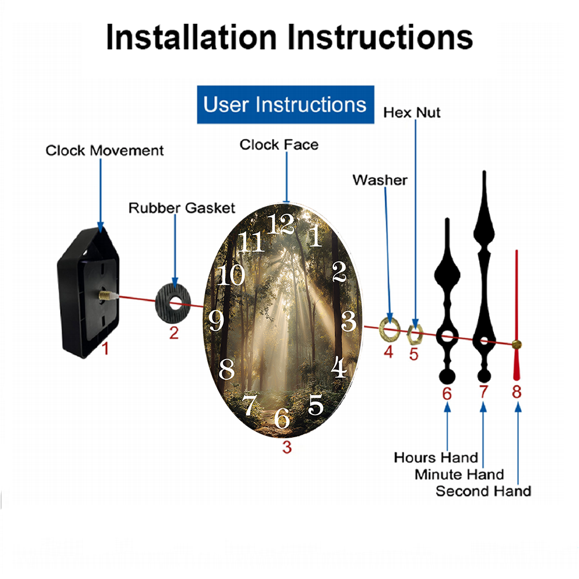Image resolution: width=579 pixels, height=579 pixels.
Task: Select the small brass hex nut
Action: tap(415, 334)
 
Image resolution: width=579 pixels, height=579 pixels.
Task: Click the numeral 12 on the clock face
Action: tap(281, 223)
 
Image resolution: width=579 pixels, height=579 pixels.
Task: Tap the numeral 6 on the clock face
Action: tap(282, 419)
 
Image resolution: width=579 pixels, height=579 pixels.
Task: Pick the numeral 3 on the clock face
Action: tap(349, 321)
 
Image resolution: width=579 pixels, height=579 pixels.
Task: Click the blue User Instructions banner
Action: tap(285, 104)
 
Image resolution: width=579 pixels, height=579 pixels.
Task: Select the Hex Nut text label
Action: tap(412, 113)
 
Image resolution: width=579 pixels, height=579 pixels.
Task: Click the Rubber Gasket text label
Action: tap(182, 208)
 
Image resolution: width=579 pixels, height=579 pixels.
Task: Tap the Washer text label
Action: tap(380, 180)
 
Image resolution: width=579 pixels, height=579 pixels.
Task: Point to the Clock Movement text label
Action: tap(104, 151)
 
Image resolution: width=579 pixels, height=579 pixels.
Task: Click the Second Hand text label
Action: tap(483, 491)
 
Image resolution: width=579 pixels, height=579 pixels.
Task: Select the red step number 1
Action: tap(105, 348)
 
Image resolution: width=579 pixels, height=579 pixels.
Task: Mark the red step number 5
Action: tap(413, 354)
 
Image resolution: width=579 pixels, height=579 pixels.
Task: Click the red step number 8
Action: tap(516, 392)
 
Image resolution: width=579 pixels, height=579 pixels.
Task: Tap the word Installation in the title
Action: tap(191, 37)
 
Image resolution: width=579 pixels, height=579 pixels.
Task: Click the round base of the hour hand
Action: tap(447, 376)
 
